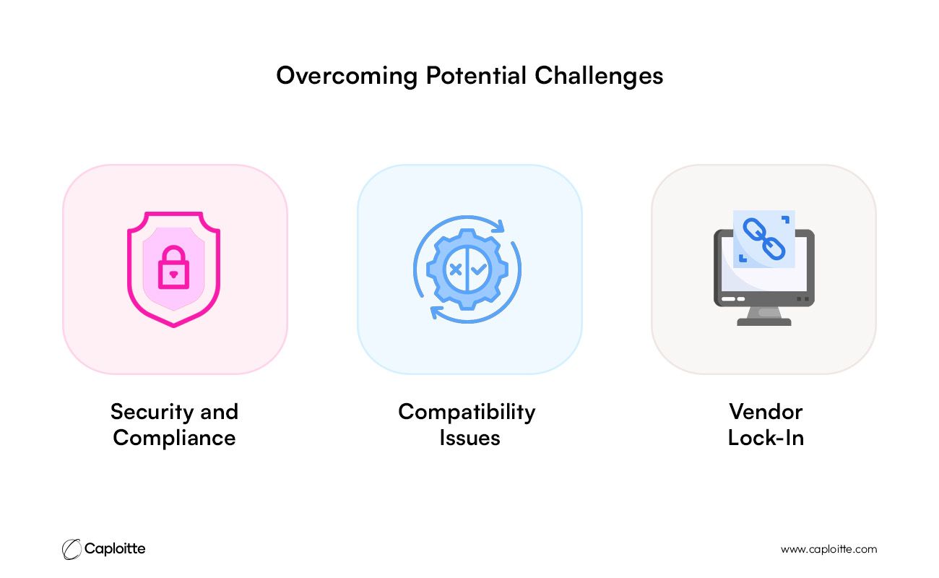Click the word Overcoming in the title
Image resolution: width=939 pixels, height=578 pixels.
(347, 77)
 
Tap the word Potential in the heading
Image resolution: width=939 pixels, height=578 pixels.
(476, 75)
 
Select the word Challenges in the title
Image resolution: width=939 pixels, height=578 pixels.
(599, 77)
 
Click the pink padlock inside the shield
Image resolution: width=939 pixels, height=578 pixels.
(173, 267)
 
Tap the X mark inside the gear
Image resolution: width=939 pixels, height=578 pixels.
(455, 269)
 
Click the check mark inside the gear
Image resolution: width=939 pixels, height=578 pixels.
(479, 269)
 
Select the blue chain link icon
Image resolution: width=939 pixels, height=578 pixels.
(763, 238)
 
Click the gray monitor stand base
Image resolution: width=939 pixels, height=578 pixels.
(763, 322)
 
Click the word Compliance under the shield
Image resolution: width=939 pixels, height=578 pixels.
(174, 439)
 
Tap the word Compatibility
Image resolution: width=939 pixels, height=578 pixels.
(467, 413)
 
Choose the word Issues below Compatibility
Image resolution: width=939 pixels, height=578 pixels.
(470, 439)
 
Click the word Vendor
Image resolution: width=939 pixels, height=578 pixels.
(766, 412)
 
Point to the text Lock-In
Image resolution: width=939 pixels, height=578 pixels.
(766, 439)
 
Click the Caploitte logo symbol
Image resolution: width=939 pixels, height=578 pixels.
(72, 549)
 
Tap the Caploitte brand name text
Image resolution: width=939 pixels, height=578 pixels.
(115, 549)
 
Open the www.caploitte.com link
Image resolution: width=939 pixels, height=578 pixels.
(828, 550)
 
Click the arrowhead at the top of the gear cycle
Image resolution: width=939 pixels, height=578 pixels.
(498, 226)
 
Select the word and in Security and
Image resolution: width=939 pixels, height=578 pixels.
(220, 412)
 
